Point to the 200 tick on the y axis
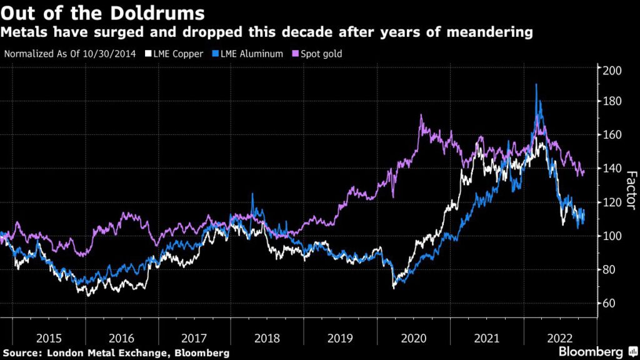click(612, 70)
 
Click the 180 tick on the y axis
click(612, 101)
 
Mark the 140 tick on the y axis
click(612, 169)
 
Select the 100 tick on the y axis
click(612, 236)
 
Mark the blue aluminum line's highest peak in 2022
click(536, 84)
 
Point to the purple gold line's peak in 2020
click(421, 115)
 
